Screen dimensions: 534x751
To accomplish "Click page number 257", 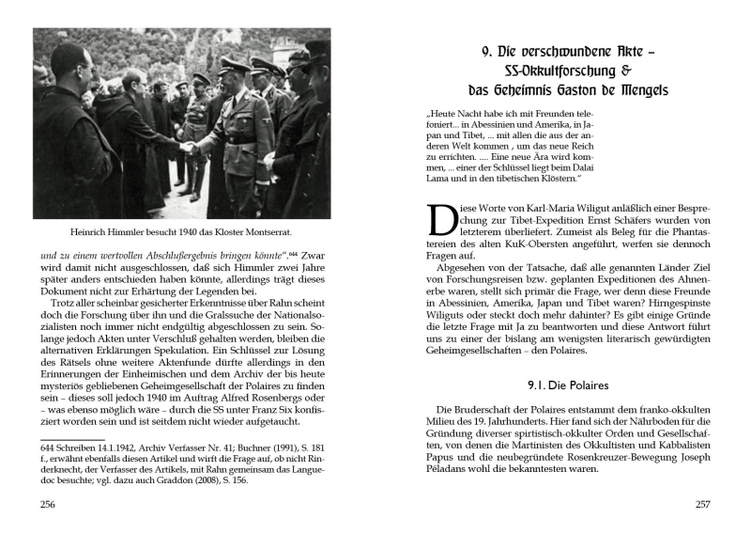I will click(701, 504).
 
